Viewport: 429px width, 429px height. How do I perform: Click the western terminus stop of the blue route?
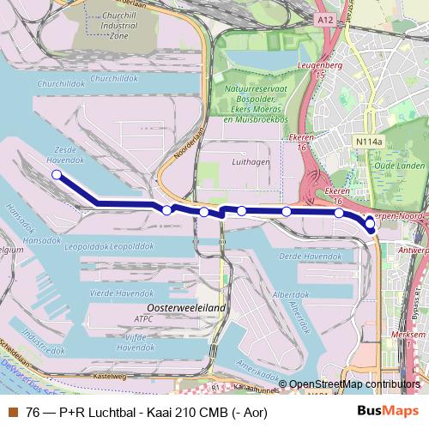[57, 175]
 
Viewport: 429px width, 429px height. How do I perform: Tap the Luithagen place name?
[251, 160]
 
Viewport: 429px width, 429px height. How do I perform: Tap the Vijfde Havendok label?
[136, 342]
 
